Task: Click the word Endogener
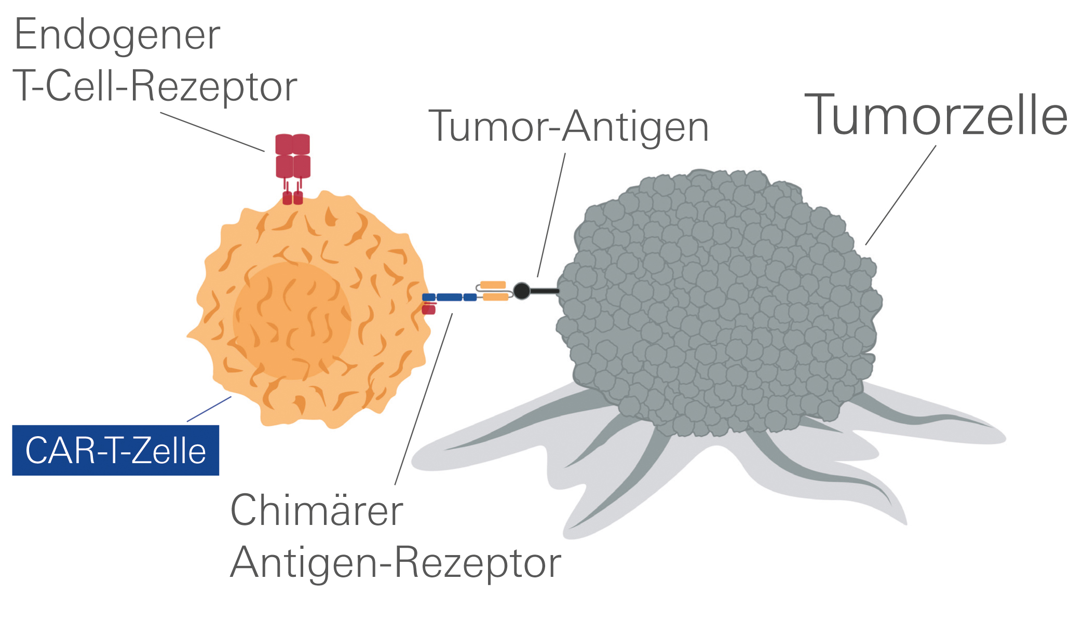pyautogui.click(x=117, y=35)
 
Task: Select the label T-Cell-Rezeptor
pyautogui.click(x=155, y=86)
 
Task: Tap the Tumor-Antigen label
pyautogui.click(x=568, y=127)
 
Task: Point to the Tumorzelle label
pyautogui.click(x=936, y=115)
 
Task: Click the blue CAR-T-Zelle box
pyautogui.click(x=115, y=450)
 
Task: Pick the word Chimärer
pyautogui.click(x=316, y=511)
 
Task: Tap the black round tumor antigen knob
pyautogui.click(x=521, y=291)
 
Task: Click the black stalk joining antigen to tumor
pyautogui.click(x=544, y=291)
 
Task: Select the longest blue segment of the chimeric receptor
pyautogui.click(x=449, y=298)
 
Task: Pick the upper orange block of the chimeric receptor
pyautogui.click(x=493, y=285)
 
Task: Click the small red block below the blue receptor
pyautogui.click(x=428, y=310)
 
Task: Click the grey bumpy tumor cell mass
pyautogui.click(x=722, y=301)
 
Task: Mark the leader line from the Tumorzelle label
pyautogui.click(x=901, y=195)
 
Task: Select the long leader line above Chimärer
pyautogui.click(x=423, y=400)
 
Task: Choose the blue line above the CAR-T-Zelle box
pyautogui.click(x=209, y=409)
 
